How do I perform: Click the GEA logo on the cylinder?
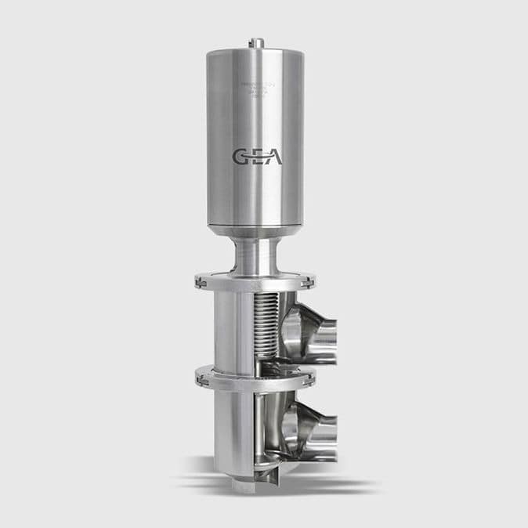point(257,157)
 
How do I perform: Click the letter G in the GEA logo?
point(240,157)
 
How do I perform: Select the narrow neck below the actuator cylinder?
point(255,255)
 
